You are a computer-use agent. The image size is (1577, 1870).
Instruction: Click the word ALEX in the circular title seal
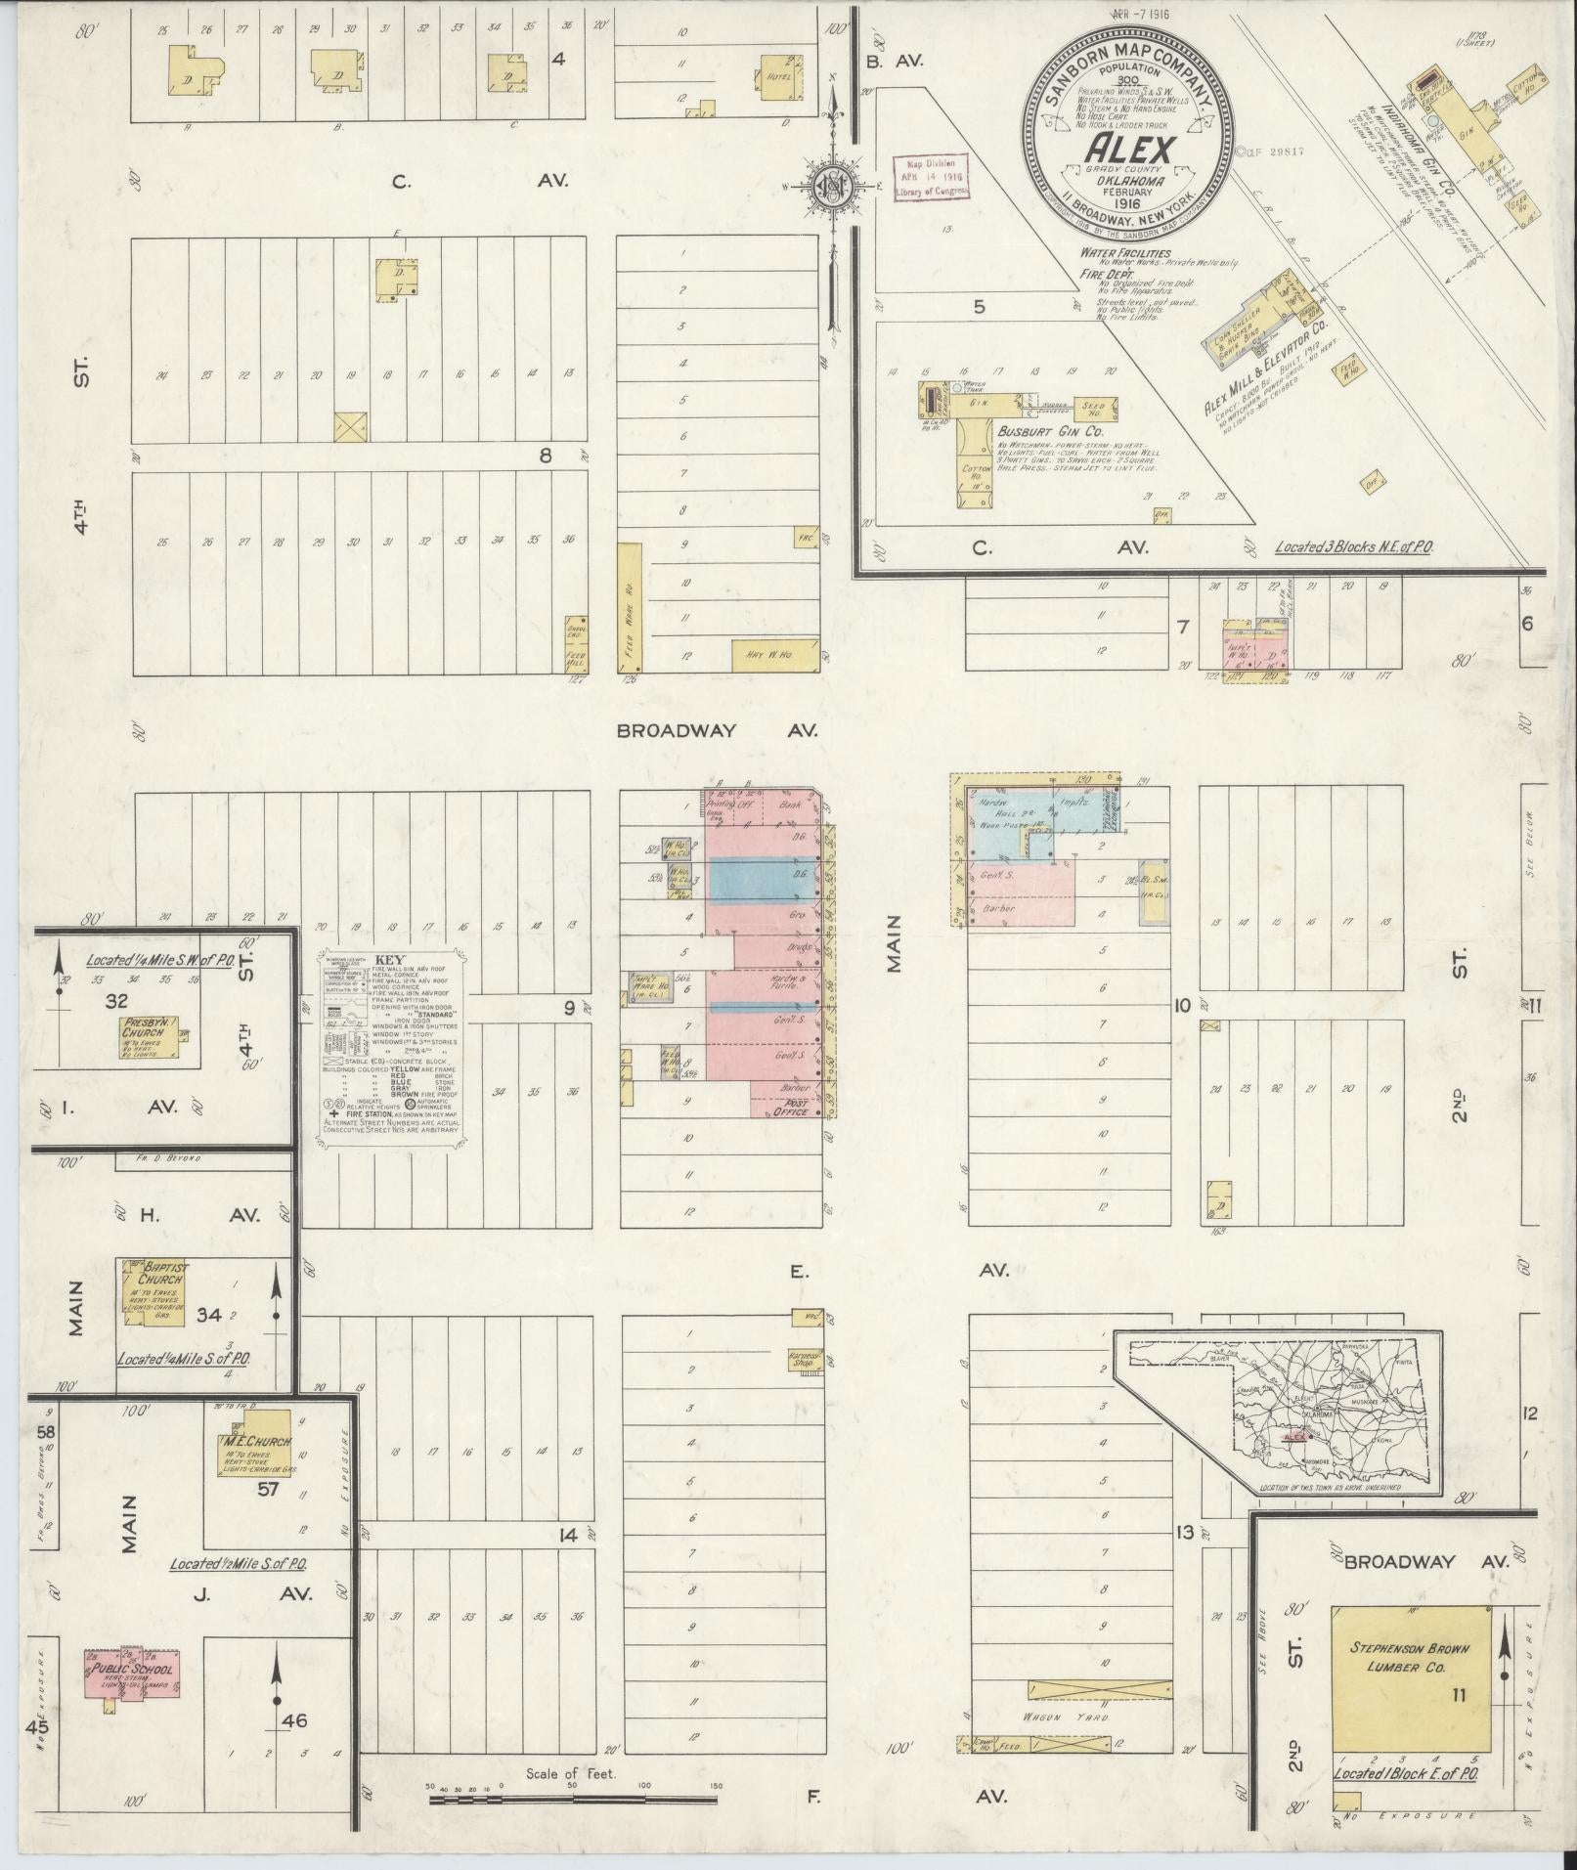pyautogui.click(x=1129, y=150)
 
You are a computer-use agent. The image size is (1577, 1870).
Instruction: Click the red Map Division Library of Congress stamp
pyautogui.click(x=932, y=179)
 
